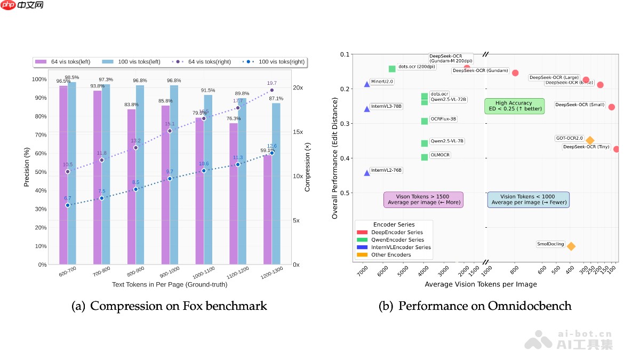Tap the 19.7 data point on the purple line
[x=271, y=90]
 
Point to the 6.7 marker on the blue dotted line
[x=68, y=205]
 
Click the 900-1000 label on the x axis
[x=170, y=273]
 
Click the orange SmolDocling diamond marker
[x=571, y=246]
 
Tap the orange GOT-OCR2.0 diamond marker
[x=590, y=140]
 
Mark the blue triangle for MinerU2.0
[x=367, y=84]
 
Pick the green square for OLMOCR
[x=425, y=157]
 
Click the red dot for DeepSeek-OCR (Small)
[x=612, y=107]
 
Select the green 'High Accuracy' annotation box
[x=514, y=106]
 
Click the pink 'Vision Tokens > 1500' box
[x=423, y=199]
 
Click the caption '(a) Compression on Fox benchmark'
[x=169, y=306]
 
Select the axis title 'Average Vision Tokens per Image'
[x=481, y=284]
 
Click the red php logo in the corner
[x=8, y=6]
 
